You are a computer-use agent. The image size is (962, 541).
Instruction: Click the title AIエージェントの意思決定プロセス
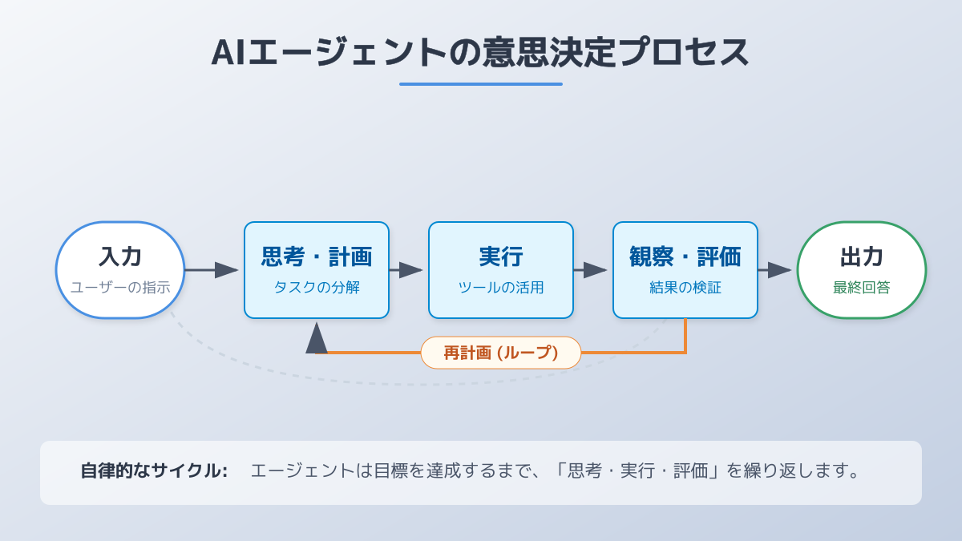coord(480,52)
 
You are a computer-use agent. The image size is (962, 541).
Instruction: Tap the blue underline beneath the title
coord(480,83)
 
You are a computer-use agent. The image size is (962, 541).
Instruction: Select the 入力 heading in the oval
coord(120,256)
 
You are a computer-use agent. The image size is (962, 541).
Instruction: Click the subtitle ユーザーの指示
coord(120,287)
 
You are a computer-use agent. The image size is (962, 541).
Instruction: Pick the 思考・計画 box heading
coord(317,256)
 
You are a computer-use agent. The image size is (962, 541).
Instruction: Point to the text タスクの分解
coord(317,287)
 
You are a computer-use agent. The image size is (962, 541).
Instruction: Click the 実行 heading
coord(501,256)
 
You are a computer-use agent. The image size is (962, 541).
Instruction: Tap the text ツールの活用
coord(501,287)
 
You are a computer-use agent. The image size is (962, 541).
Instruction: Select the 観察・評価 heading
coord(685,256)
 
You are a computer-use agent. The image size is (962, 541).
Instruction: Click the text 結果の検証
coord(685,287)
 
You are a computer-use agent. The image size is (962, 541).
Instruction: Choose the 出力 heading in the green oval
coord(862,256)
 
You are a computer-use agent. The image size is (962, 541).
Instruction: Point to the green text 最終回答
coord(862,287)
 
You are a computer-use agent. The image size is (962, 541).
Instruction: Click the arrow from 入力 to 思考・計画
coord(212,270)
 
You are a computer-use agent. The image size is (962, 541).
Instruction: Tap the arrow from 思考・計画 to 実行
coord(407,270)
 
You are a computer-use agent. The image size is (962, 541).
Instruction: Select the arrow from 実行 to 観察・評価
coord(592,270)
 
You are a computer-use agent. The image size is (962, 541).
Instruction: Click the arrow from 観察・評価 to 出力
coord(776,270)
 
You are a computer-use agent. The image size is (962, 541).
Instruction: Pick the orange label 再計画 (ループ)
coord(501,353)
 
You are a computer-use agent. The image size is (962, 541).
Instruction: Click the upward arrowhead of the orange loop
coord(317,338)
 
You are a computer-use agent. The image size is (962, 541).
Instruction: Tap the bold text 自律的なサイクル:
coord(154,470)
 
